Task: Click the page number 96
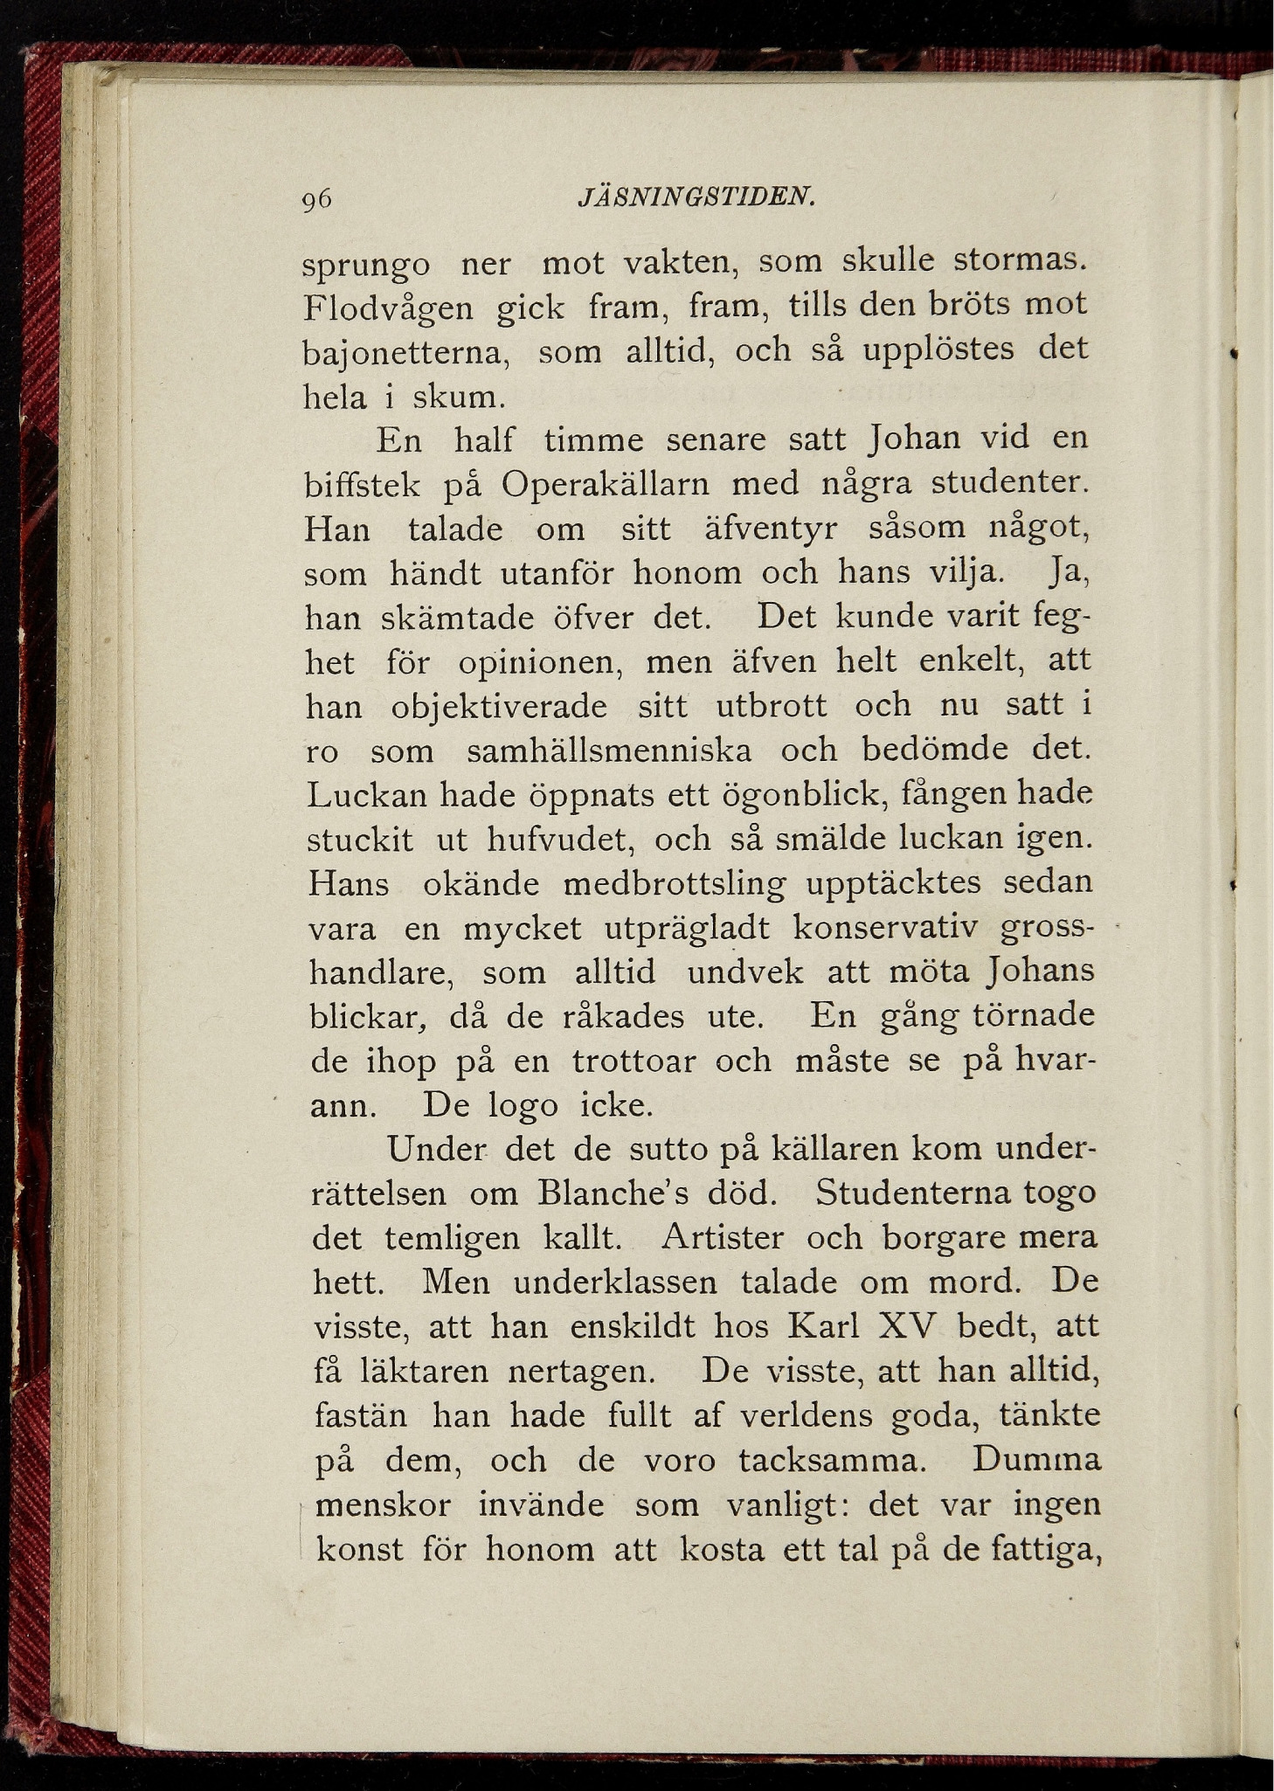point(316,200)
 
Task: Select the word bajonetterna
point(406,354)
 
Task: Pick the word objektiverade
point(499,706)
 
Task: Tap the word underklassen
point(614,1283)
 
